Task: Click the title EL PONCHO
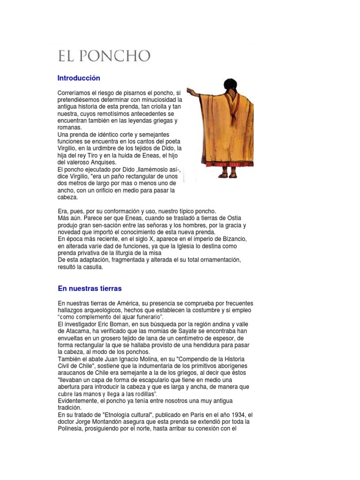[104, 57]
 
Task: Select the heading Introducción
[79, 78]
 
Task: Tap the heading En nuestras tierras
[90, 288]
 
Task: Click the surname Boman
[119, 324]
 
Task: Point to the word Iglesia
[196, 246]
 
